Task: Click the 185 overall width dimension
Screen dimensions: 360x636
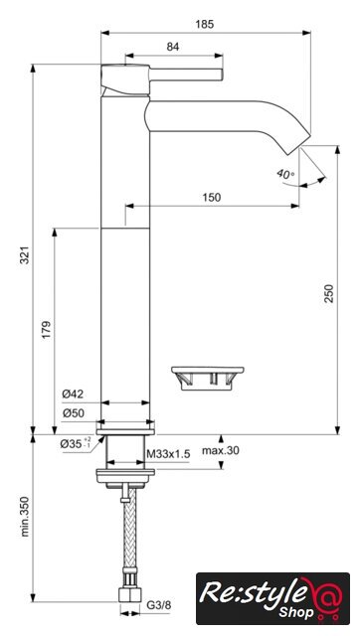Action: click(204, 24)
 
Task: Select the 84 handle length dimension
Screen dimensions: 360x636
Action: click(173, 47)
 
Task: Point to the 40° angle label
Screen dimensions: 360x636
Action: click(285, 175)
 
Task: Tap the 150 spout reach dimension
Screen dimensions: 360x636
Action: click(212, 197)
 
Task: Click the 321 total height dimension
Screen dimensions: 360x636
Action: click(25, 255)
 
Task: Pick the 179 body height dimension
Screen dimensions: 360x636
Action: click(47, 330)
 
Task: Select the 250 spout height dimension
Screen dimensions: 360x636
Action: click(329, 293)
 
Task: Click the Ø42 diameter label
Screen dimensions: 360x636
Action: click(73, 394)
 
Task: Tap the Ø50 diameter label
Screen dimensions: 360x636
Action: click(73, 413)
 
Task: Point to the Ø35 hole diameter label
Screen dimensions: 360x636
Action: click(76, 444)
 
